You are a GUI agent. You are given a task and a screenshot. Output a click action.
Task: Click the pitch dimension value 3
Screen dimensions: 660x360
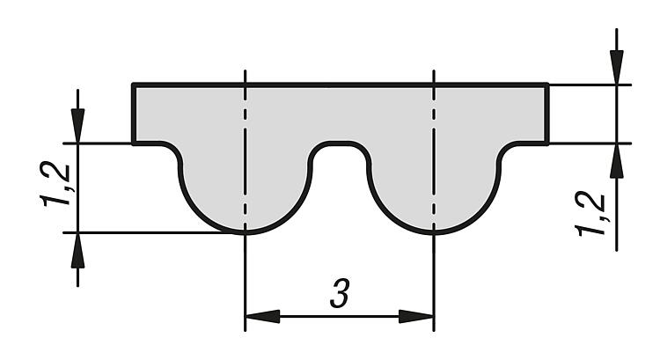coord(340,293)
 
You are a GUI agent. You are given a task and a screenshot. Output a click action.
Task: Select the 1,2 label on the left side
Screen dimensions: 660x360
coord(55,185)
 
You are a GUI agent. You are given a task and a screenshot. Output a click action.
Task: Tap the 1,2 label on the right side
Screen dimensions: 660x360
coord(590,214)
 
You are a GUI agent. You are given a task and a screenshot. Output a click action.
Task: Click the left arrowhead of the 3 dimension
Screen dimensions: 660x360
coord(262,316)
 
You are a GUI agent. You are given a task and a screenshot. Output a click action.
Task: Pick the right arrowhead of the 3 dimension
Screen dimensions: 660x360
coord(416,316)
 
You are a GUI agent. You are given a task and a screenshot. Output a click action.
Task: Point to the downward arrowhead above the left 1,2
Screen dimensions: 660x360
coord(77,126)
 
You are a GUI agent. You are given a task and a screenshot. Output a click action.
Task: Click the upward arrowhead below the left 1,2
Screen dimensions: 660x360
coord(77,251)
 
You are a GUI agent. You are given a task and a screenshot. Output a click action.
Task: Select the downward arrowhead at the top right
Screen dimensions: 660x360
coord(617,67)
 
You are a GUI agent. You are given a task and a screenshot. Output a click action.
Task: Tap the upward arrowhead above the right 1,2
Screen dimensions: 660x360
coord(617,162)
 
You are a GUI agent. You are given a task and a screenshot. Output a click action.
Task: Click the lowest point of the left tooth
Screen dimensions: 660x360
coord(245,232)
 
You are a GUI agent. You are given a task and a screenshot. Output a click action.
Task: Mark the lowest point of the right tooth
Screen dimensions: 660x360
coord(434,232)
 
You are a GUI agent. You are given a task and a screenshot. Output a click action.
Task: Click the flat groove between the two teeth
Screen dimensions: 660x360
coord(340,143)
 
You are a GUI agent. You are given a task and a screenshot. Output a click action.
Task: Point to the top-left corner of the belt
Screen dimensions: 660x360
coord(134,84)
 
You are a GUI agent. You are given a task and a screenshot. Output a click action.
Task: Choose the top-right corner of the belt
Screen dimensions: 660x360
coord(547,84)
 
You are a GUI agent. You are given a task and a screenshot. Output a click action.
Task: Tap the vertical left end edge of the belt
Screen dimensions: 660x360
coord(134,114)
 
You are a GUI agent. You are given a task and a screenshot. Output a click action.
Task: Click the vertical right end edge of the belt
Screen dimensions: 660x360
coord(547,114)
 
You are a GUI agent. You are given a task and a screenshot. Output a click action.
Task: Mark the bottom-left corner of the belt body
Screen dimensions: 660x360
coord(134,143)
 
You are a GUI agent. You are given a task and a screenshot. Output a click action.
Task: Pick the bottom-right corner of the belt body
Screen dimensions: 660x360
coord(547,143)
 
